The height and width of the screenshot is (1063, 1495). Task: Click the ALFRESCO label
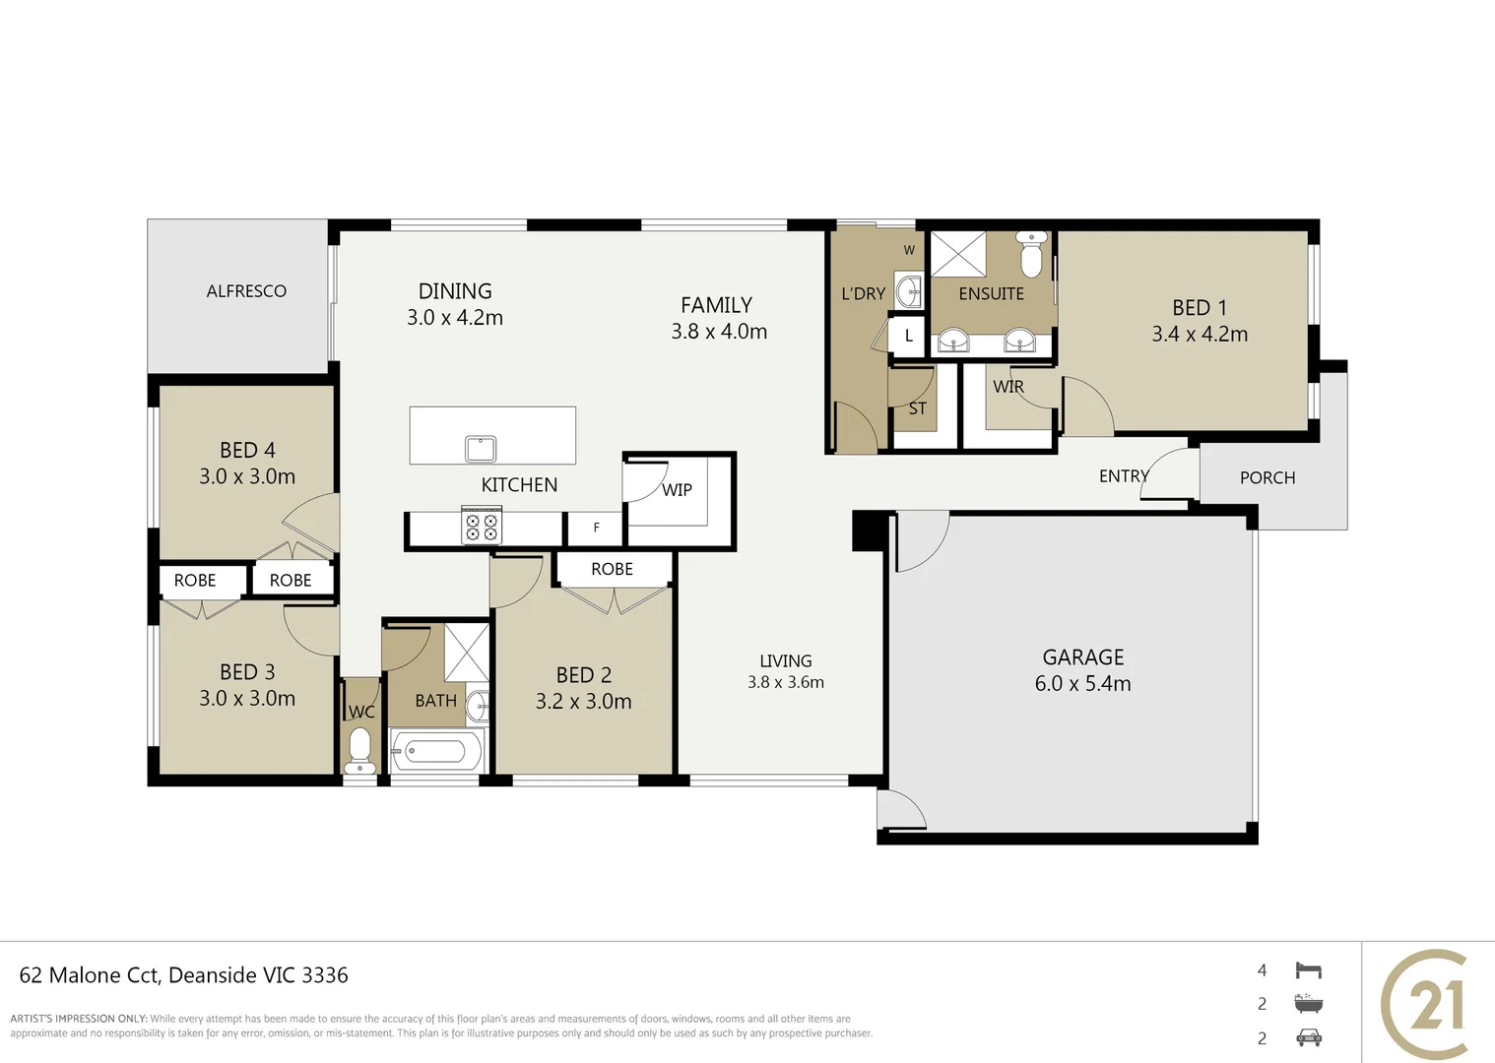[246, 290]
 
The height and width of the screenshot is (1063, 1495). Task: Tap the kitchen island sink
[480, 449]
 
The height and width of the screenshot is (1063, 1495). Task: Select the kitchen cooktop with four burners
[482, 526]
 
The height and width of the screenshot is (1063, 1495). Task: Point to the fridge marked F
[596, 528]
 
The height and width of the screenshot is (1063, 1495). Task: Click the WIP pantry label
[677, 490]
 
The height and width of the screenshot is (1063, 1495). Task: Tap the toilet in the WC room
[359, 750]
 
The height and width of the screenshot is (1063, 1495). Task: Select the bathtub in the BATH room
[437, 752]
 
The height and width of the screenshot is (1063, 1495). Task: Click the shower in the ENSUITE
[957, 254]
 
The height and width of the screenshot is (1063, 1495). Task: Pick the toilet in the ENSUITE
[1031, 254]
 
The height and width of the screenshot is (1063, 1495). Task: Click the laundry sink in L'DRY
[909, 290]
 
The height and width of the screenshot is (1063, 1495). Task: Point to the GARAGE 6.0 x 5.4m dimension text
[1082, 683]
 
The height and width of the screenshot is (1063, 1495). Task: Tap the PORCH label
[1267, 477]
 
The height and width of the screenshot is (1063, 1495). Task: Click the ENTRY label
[1124, 476]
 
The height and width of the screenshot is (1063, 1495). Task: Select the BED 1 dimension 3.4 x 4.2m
[1200, 334]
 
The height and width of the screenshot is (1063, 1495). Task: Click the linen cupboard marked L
[908, 336]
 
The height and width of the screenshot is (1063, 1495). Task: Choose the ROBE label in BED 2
[612, 569]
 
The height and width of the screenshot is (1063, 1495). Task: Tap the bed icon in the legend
[1308, 969]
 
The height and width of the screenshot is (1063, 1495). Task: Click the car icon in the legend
[1308, 1037]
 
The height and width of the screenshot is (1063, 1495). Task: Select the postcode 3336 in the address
[325, 975]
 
